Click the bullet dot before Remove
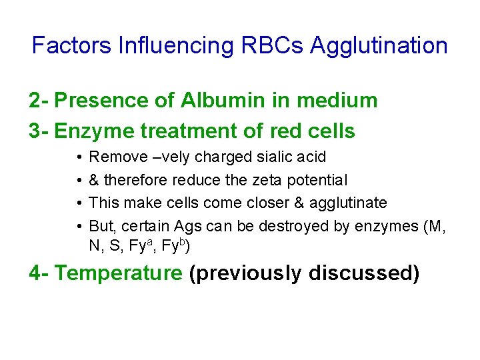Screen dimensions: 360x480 coord(78,157)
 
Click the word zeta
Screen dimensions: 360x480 coord(265,180)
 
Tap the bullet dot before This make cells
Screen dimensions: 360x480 coord(78,203)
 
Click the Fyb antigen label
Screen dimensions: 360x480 coord(179,247)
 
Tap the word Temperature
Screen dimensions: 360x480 coord(118,273)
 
